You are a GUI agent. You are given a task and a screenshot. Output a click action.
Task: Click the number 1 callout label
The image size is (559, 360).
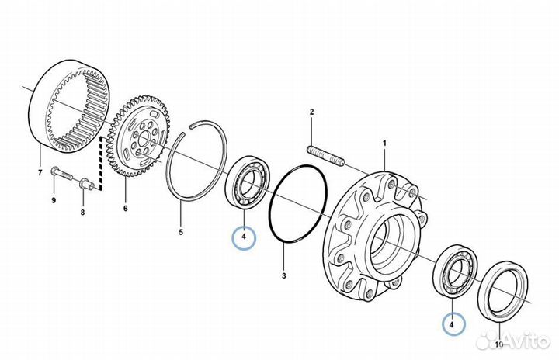tap(384, 143)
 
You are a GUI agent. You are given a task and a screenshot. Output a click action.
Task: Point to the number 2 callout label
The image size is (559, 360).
tap(311, 113)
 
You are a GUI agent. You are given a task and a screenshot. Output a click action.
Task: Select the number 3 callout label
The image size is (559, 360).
tap(284, 275)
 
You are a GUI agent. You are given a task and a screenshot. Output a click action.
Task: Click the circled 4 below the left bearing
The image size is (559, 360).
tap(244, 236)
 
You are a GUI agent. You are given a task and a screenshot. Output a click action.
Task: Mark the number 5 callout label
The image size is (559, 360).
tap(180, 231)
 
